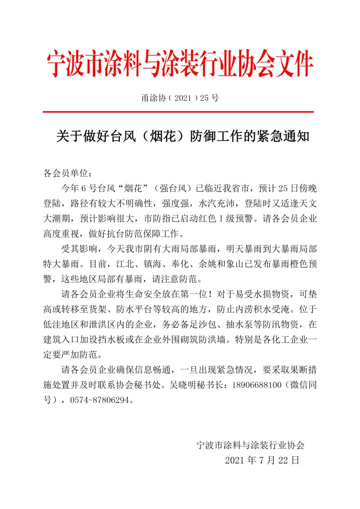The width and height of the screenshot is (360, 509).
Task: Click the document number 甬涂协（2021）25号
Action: [x=180, y=98]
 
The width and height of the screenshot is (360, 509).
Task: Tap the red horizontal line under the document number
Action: [x=179, y=112]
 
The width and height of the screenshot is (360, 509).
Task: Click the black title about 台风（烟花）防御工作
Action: [x=180, y=136]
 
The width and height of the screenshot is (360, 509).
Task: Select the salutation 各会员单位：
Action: [x=67, y=174]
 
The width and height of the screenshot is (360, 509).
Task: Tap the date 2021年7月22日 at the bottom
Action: [x=262, y=459]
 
